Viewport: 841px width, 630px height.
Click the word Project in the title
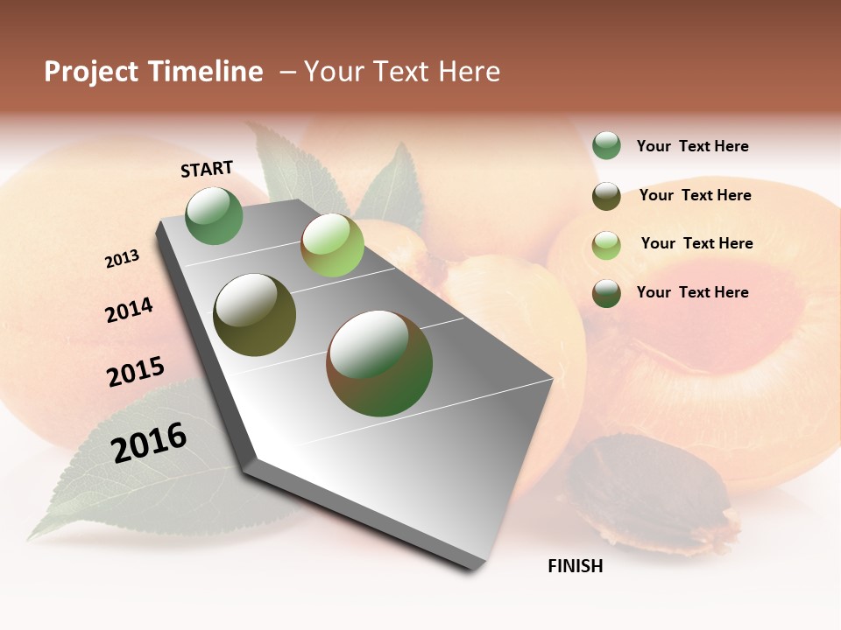(x=92, y=72)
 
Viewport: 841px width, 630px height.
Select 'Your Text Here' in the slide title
(x=402, y=72)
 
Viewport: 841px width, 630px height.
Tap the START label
(x=207, y=169)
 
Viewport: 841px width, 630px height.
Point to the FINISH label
(x=576, y=566)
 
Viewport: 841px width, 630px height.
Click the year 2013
(x=122, y=259)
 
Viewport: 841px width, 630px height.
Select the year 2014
(x=129, y=310)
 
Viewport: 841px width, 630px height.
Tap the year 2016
(x=149, y=442)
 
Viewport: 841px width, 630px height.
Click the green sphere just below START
(x=214, y=215)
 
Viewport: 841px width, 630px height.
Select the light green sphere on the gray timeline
(x=332, y=245)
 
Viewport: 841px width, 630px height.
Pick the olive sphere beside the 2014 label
(x=254, y=315)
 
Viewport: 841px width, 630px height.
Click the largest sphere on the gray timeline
(x=379, y=363)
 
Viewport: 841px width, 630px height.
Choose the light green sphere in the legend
(x=606, y=245)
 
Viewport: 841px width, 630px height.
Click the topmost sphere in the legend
(x=606, y=146)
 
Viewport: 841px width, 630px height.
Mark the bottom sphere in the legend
(x=606, y=293)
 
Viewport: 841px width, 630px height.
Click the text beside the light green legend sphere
(x=696, y=243)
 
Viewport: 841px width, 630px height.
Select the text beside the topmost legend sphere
(x=692, y=146)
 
